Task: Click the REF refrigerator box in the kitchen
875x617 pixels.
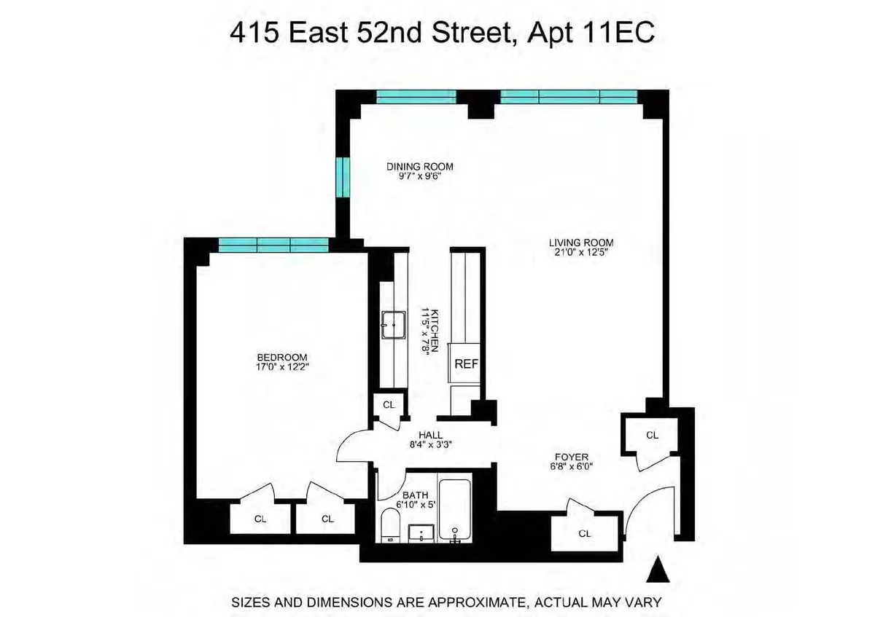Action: point(466,363)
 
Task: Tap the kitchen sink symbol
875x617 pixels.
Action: point(394,323)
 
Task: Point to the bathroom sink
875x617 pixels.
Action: point(421,533)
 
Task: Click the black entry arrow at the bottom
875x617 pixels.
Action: point(659,570)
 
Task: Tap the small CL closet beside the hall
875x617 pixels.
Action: point(389,404)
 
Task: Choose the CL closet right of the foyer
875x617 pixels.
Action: point(652,435)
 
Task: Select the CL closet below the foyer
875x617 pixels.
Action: point(584,533)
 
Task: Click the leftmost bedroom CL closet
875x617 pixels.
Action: point(260,519)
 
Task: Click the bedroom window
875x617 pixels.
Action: point(272,244)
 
